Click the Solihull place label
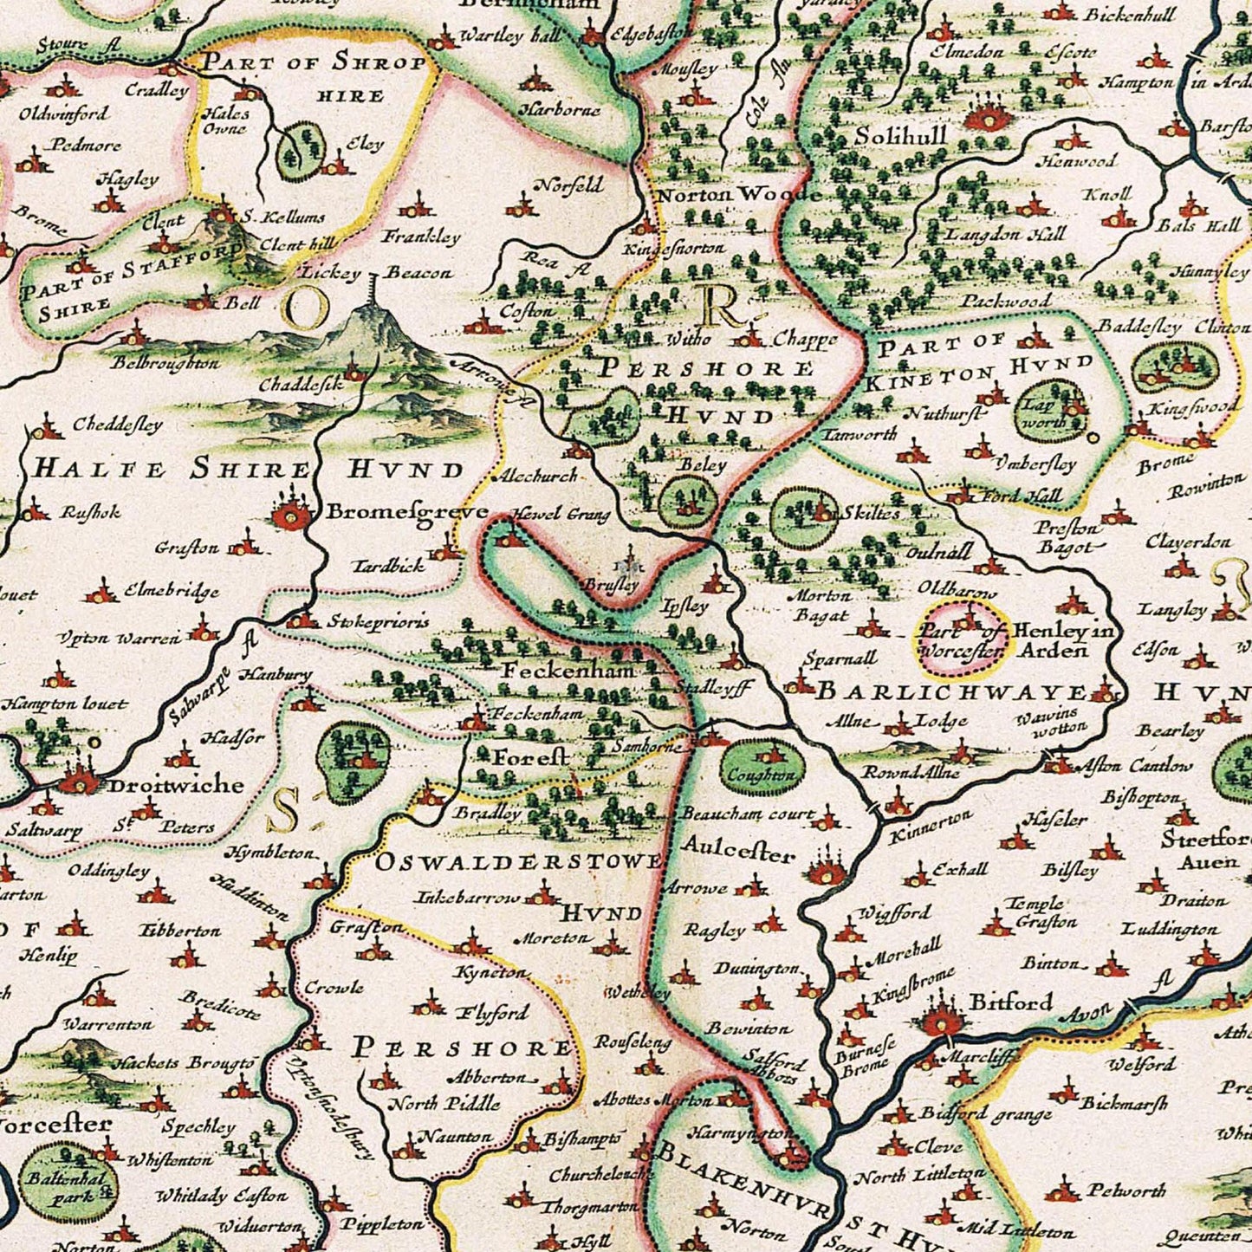coord(900,136)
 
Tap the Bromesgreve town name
coord(406,512)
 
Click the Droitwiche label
coord(175,785)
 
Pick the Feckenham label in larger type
coord(569,670)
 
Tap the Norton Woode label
coord(737,195)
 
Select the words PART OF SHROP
coord(315,63)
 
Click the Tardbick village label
coord(389,566)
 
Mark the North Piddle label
coord(444,1104)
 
